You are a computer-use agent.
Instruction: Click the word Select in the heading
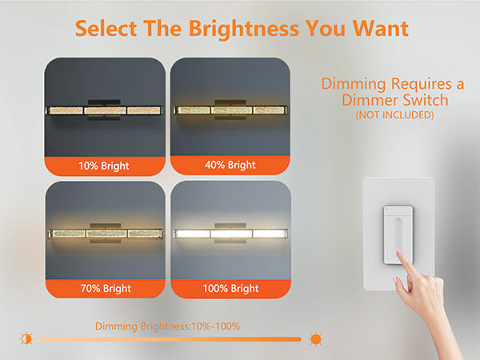pos(106,29)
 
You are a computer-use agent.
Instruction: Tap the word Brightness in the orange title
pos(244,29)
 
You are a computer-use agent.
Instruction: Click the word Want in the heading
pos(381,29)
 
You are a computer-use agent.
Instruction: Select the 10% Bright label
pos(104,166)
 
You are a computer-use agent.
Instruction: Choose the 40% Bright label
pos(230,165)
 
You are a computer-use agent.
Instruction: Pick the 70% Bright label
pos(106,288)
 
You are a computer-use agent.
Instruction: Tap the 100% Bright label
pos(231,288)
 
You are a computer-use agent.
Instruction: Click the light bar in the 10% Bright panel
pos(104,110)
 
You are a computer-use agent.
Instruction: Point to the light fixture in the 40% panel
pos(230,110)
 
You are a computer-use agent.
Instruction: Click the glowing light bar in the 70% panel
pos(106,234)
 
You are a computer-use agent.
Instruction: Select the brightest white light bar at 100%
pos(230,234)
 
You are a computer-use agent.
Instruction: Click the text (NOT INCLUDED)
pos(394,115)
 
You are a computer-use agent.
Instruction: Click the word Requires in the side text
pos(422,84)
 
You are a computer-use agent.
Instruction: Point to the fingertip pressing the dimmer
pos(399,254)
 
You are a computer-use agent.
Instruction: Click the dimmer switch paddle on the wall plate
pos(398,234)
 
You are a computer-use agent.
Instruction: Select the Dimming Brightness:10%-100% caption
pos(167,326)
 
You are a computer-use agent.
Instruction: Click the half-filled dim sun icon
pos(26,339)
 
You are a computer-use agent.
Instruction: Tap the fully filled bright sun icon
pos(316,339)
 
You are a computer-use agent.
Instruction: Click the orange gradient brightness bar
pos(170,339)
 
